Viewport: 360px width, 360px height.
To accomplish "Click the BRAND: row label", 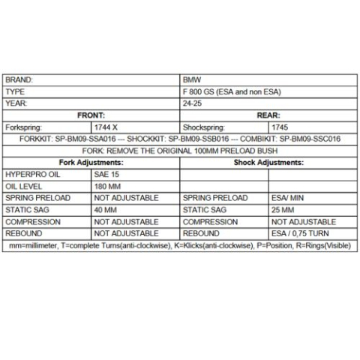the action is point(19,79).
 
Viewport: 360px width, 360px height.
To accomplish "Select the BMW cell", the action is point(192,79).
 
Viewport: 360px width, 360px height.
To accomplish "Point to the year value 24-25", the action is point(192,103).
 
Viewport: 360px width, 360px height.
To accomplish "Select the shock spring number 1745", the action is point(280,127).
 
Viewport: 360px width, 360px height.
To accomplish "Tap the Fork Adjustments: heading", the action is point(91,162).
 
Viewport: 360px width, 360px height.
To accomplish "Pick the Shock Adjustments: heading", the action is point(268,162).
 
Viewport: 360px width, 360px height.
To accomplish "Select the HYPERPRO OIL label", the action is point(32,174).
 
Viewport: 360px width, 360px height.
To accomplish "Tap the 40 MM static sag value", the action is point(107,209).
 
